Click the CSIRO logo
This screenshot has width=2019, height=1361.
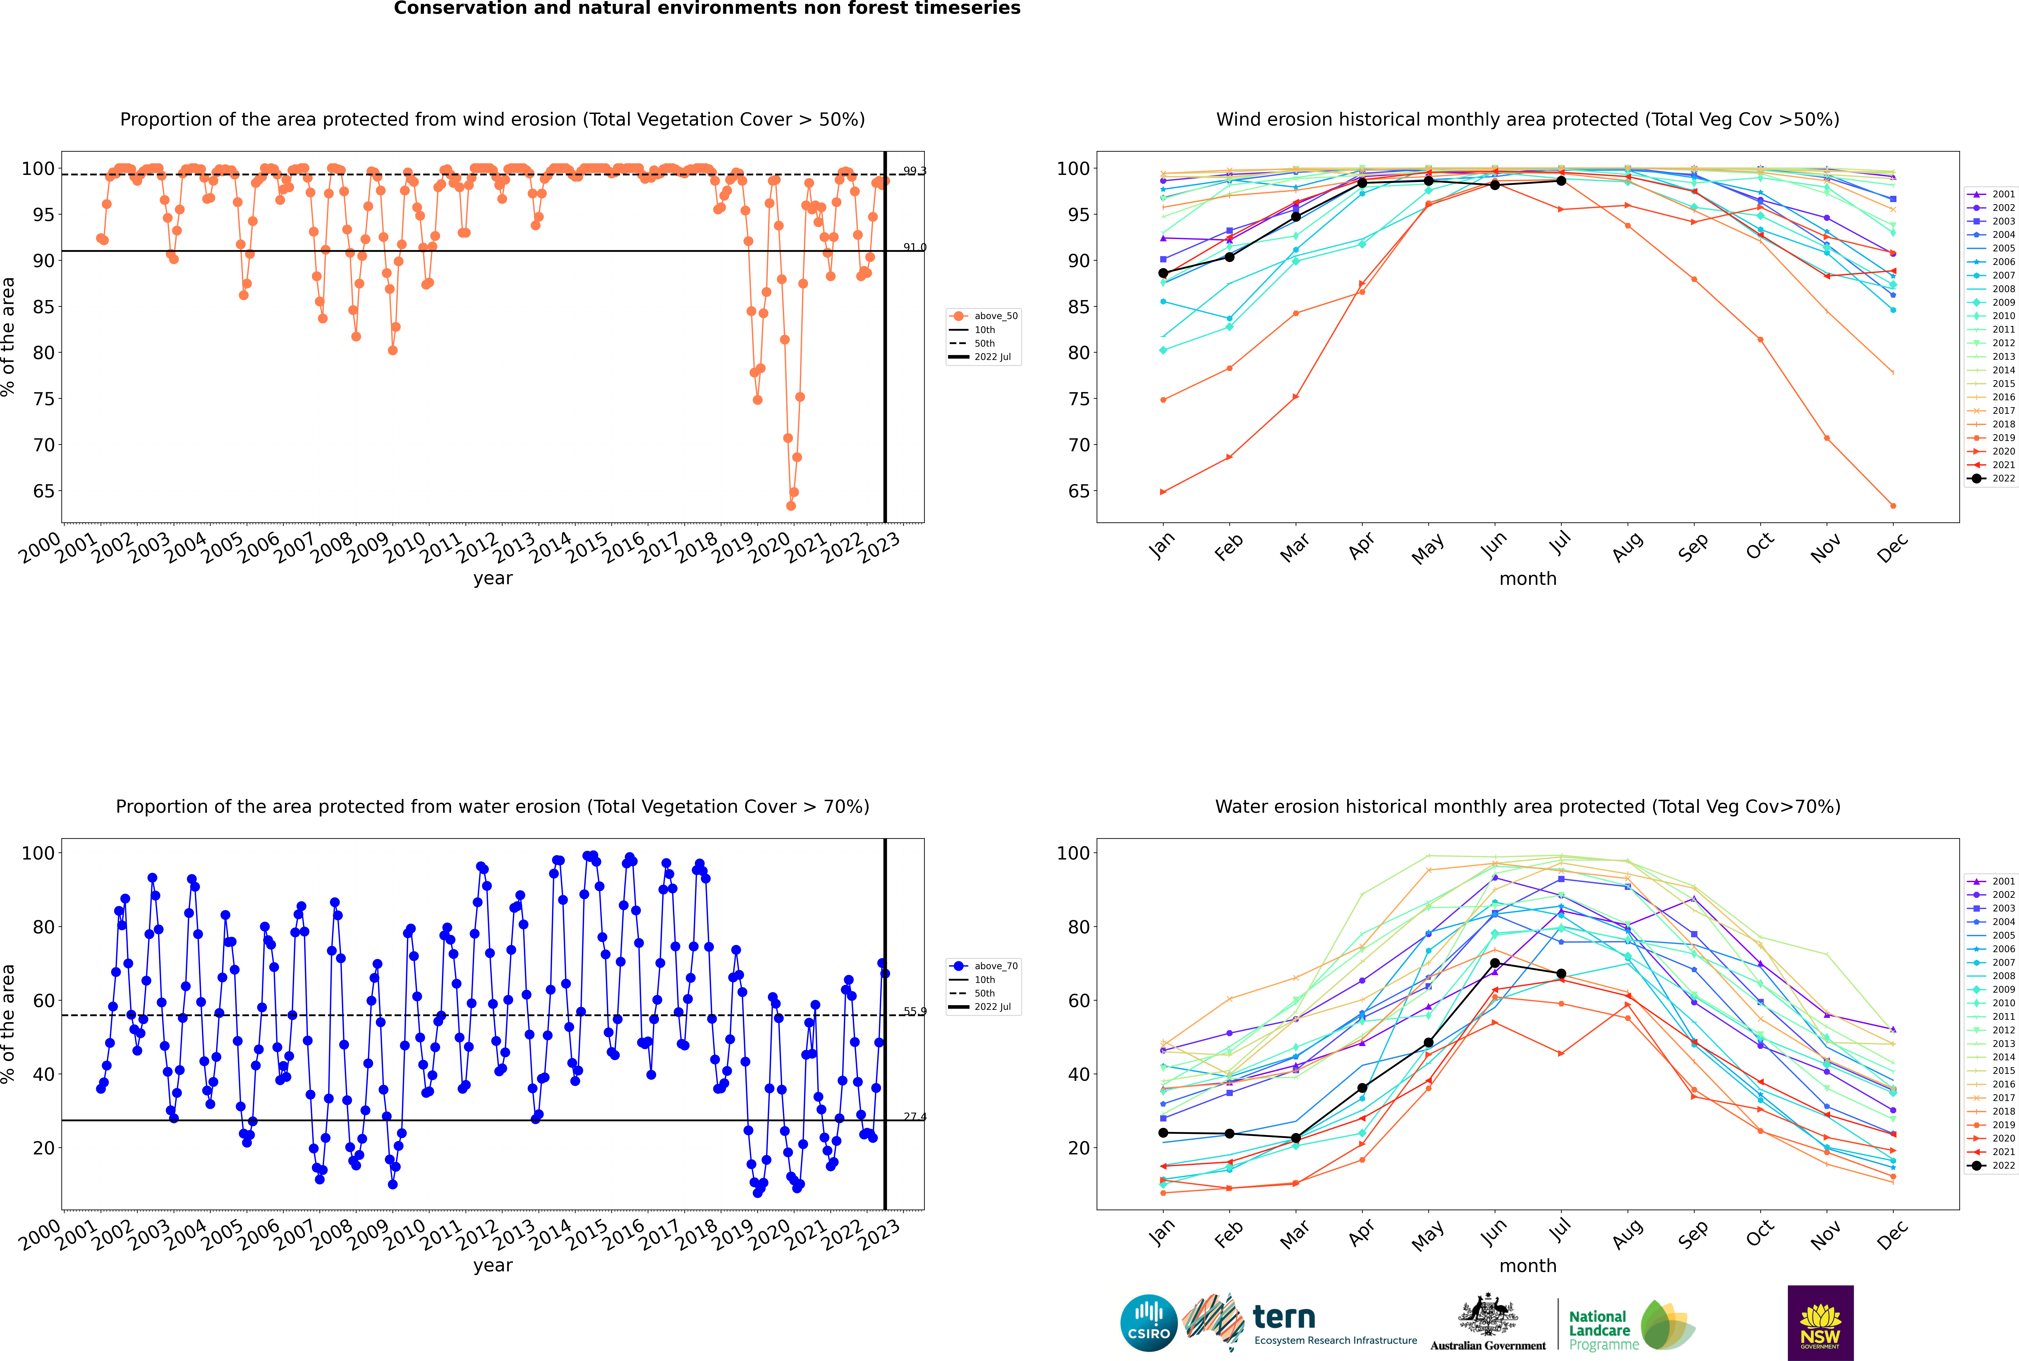tap(1148, 1323)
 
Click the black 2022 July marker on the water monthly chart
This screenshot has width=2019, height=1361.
tap(1561, 974)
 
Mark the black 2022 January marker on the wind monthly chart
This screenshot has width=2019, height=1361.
tap(1163, 273)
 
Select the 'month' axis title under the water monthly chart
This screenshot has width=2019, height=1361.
tap(1528, 1266)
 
